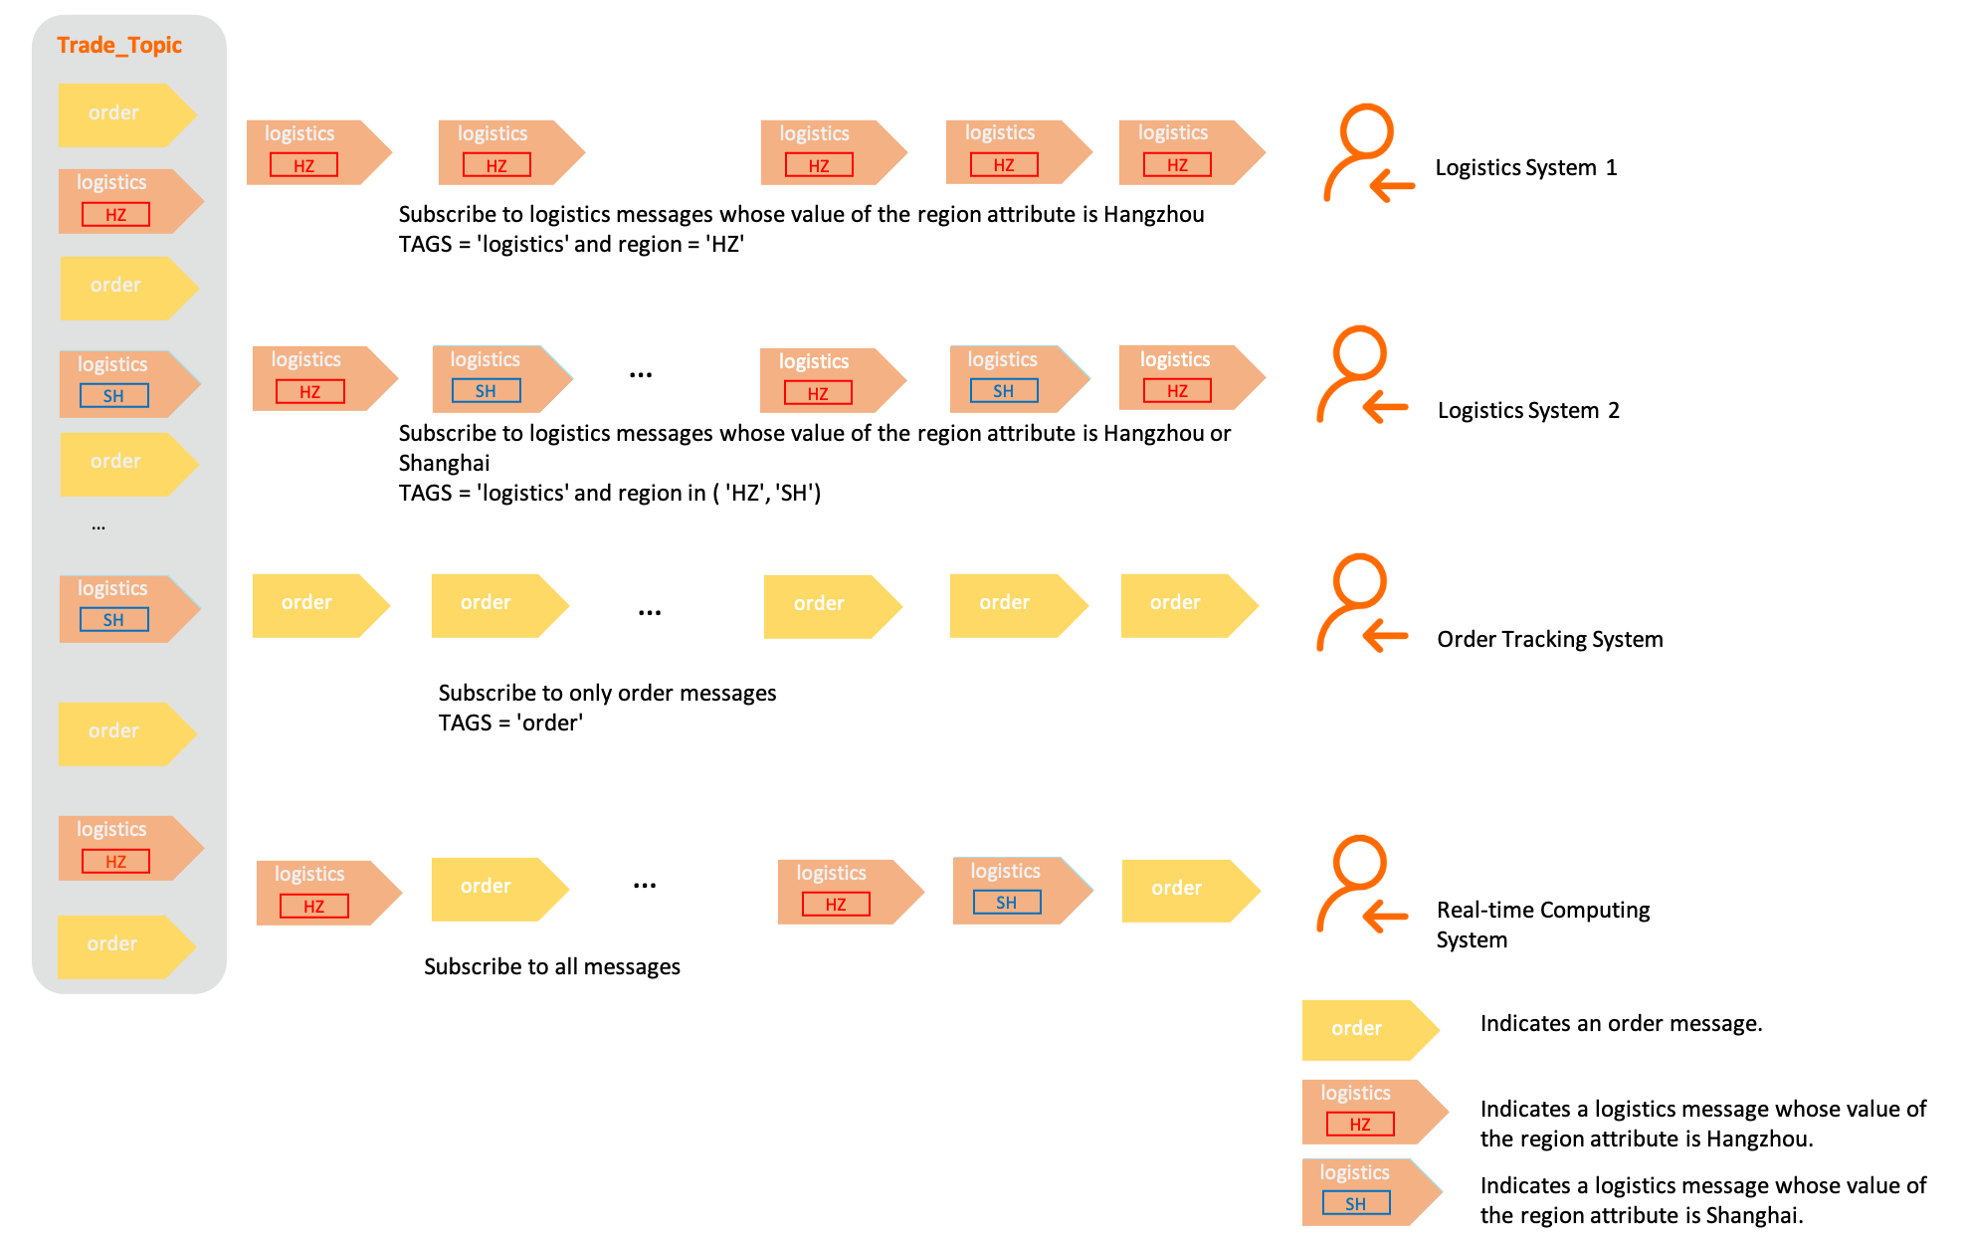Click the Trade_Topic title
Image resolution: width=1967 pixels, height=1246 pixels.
(x=119, y=45)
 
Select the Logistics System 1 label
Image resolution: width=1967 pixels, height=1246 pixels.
(x=1525, y=167)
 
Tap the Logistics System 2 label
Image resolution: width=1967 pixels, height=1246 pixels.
(x=1528, y=410)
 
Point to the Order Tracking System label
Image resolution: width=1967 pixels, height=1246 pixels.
(x=1549, y=639)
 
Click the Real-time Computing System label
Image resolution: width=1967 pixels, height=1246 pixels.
(x=1542, y=925)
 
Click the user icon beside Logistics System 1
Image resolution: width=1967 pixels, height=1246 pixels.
(x=1367, y=153)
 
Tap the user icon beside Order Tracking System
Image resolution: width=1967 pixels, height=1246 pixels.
(x=1360, y=603)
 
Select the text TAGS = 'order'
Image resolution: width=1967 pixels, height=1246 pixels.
(x=510, y=723)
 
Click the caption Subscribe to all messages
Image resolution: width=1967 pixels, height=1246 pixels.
(x=552, y=966)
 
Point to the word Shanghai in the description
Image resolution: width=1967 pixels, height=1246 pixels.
(x=444, y=463)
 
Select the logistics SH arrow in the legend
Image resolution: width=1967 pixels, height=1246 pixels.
(x=1370, y=1191)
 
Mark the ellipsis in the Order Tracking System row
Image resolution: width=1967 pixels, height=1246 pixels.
(x=650, y=612)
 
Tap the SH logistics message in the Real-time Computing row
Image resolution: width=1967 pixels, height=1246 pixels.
(x=1021, y=890)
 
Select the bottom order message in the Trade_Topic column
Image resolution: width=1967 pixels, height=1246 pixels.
(x=124, y=944)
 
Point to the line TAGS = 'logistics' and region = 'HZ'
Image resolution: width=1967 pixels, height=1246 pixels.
(x=571, y=244)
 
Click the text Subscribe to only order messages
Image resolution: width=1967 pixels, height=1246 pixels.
(x=607, y=693)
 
